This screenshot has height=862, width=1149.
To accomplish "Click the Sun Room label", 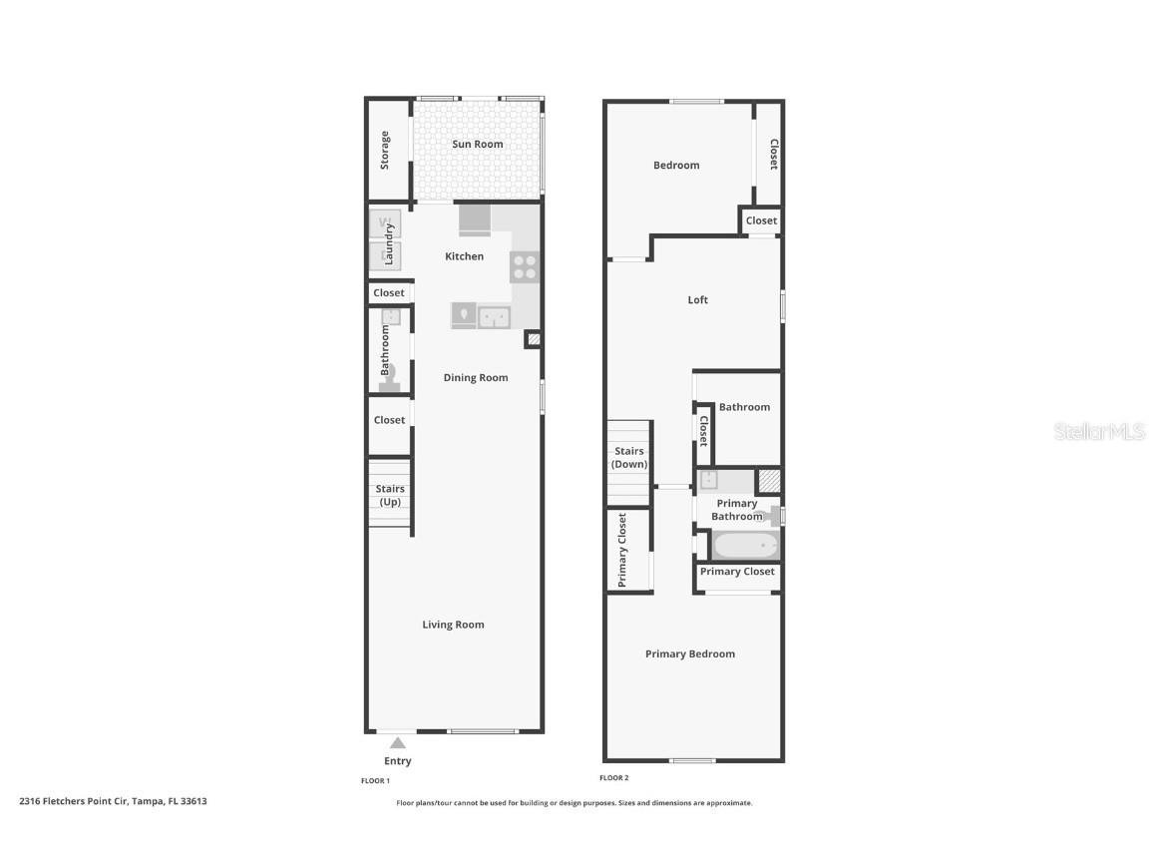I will point(478,144).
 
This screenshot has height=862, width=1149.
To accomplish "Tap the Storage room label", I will point(385,150).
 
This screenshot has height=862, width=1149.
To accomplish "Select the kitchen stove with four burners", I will point(525,266).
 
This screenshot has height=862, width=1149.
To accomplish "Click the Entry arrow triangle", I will point(397,742).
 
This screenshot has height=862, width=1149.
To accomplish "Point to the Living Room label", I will point(453,625).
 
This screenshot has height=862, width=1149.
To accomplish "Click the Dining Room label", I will point(476,377).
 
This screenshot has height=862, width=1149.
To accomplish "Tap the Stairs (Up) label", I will point(390,495).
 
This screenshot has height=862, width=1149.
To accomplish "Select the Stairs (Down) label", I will point(629,458).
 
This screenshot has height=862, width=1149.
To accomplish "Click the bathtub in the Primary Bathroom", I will point(744,546).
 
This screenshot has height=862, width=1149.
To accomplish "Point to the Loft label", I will point(698,299).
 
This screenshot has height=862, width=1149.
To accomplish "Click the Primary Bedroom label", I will point(690,653).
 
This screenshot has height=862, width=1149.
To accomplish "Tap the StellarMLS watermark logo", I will point(1099,431).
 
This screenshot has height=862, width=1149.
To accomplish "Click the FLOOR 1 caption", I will point(375,780).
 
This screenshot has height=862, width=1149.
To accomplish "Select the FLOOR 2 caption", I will point(614,777).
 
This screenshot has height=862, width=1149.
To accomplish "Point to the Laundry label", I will point(389,242).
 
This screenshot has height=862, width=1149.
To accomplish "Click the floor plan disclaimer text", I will point(574,802).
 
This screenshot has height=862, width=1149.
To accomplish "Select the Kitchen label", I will point(464,256).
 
